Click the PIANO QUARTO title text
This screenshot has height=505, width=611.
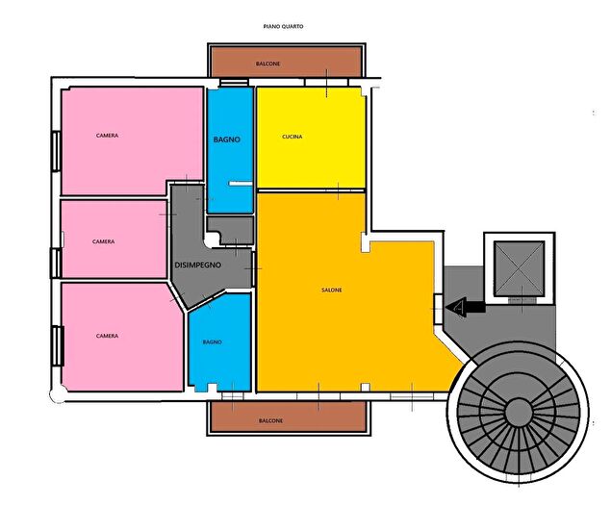(x=283, y=27)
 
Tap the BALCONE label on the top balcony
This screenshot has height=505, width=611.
(x=268, y=63)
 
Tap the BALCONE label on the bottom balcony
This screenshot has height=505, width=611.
(x=270, y=421)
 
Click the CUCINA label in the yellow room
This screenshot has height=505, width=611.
(x=293, y=137)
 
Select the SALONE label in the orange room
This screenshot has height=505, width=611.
(x=332, y=290)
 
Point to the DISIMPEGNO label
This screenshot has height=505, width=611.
(x=198, y=265)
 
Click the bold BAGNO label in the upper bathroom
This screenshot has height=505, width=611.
(x=227, y=139)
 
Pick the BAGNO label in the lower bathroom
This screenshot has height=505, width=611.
(x=213, y=342)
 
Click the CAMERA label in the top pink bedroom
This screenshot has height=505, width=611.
(x=107, y=136)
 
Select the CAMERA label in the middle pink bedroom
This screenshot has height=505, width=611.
(x=103, y=241)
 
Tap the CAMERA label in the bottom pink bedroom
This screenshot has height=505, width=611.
(x=107, y=336)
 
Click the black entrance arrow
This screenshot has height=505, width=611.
(x=466, y=308)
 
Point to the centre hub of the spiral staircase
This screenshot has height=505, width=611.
(x=519, y=411)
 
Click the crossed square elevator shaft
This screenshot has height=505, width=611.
(x=519, y=267)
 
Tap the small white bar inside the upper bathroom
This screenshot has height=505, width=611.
(x=241, y=183)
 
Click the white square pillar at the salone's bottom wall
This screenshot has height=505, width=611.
(x=365, y=387)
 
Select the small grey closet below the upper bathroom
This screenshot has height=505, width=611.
(x=231, y=230)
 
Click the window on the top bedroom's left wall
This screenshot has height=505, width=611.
(x=56, y=151)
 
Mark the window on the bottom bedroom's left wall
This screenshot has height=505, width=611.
(x=58, y=346)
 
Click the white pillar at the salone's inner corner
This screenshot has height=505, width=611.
(x=365, y=242)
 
